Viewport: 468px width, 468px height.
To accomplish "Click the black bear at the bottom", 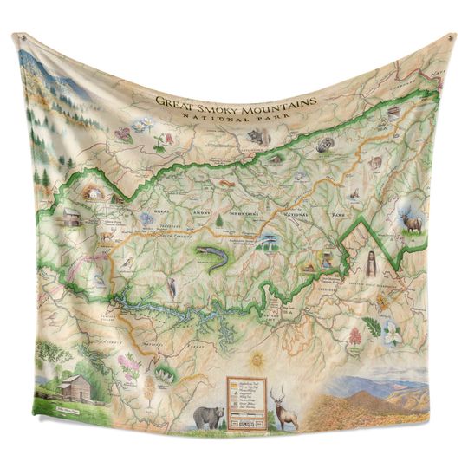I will (x=208, y=417).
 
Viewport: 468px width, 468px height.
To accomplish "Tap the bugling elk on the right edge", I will (x=410, y=221).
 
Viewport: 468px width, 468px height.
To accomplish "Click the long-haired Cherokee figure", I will (x=370, y=263).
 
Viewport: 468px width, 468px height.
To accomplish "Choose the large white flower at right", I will (x=393, y=333).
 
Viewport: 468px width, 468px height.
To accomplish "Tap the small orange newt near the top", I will (x=227, y=183).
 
